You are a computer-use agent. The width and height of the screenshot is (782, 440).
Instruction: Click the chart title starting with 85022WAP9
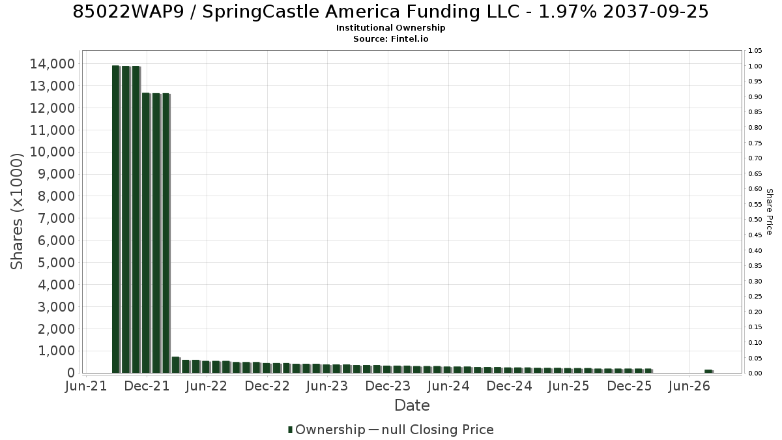point(390,12)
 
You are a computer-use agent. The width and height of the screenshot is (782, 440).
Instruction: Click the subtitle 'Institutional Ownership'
point(390,28)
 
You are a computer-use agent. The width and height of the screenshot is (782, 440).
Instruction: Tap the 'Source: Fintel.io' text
point(390,38)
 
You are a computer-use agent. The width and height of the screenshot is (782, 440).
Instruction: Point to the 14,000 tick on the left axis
point(52,64)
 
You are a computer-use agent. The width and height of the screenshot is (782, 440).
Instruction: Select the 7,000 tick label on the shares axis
point(56,218)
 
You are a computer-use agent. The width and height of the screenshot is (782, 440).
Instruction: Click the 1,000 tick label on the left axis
point(56,351)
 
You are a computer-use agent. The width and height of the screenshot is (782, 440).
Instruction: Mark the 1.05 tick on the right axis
point(755,51)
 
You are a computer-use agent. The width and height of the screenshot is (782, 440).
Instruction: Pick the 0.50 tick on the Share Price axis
point(755,220)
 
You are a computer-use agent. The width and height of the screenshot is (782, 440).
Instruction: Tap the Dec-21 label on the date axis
point(147,386)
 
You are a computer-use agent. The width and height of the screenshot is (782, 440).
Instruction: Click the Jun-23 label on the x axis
point(327,386)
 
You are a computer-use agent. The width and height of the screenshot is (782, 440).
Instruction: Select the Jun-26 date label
point(689,386)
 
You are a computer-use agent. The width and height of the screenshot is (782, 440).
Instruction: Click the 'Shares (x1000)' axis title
point(17,212)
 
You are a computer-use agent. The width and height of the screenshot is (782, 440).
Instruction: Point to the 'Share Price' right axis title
point(769,212)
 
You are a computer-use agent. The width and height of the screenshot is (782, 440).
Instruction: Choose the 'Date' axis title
point(412,405)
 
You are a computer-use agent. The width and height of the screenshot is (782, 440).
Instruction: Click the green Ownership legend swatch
point(290,430)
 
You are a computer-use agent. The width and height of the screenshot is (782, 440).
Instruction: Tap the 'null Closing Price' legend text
point(438,430)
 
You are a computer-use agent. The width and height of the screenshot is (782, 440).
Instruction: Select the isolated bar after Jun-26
point(709,371)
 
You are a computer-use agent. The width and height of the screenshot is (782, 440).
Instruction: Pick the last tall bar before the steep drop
point(166,233)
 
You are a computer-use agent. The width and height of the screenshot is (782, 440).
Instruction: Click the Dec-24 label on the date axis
point(509,386)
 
